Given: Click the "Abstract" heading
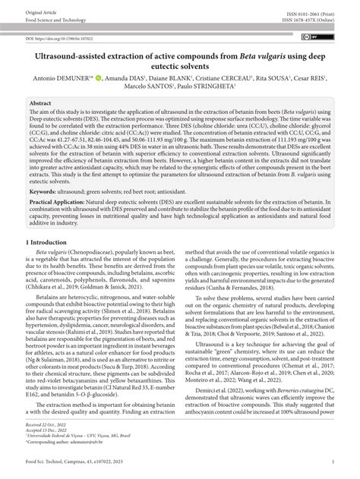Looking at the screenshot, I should point(41,102).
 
